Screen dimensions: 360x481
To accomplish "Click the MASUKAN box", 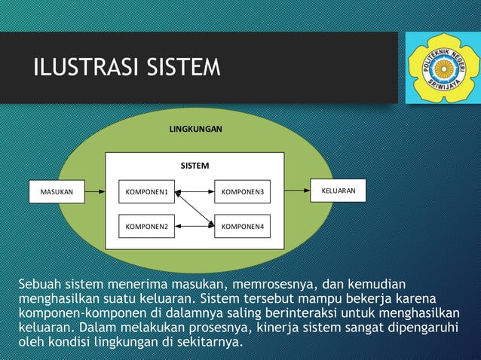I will pyautogui.click(x=57, y=192).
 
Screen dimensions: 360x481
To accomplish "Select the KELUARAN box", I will pyautogui.click(x=338, y=191).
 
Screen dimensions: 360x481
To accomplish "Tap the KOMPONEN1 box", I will pyautogui.click(x=146, y=192).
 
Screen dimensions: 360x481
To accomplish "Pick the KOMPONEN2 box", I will pyautogui.click(x=146, y=225).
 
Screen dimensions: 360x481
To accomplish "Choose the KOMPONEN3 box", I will pyautogui.click(x=242, y=192).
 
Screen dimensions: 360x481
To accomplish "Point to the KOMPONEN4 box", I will pyautogui.click(x=242, y=225).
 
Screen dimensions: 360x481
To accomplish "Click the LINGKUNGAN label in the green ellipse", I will pyautogui.click(x=195, y=130).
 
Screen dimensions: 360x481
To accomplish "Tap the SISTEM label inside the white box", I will pyautogui.click(x=195, y=165).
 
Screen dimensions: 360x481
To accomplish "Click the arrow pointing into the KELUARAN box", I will pyautogui.click(x=297, y=191).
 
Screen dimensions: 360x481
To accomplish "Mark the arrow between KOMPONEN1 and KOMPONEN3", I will pyautogui.click(x=195, y=192).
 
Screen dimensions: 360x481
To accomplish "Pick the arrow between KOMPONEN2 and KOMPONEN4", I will pyautogui.click(x=195, y=225).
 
